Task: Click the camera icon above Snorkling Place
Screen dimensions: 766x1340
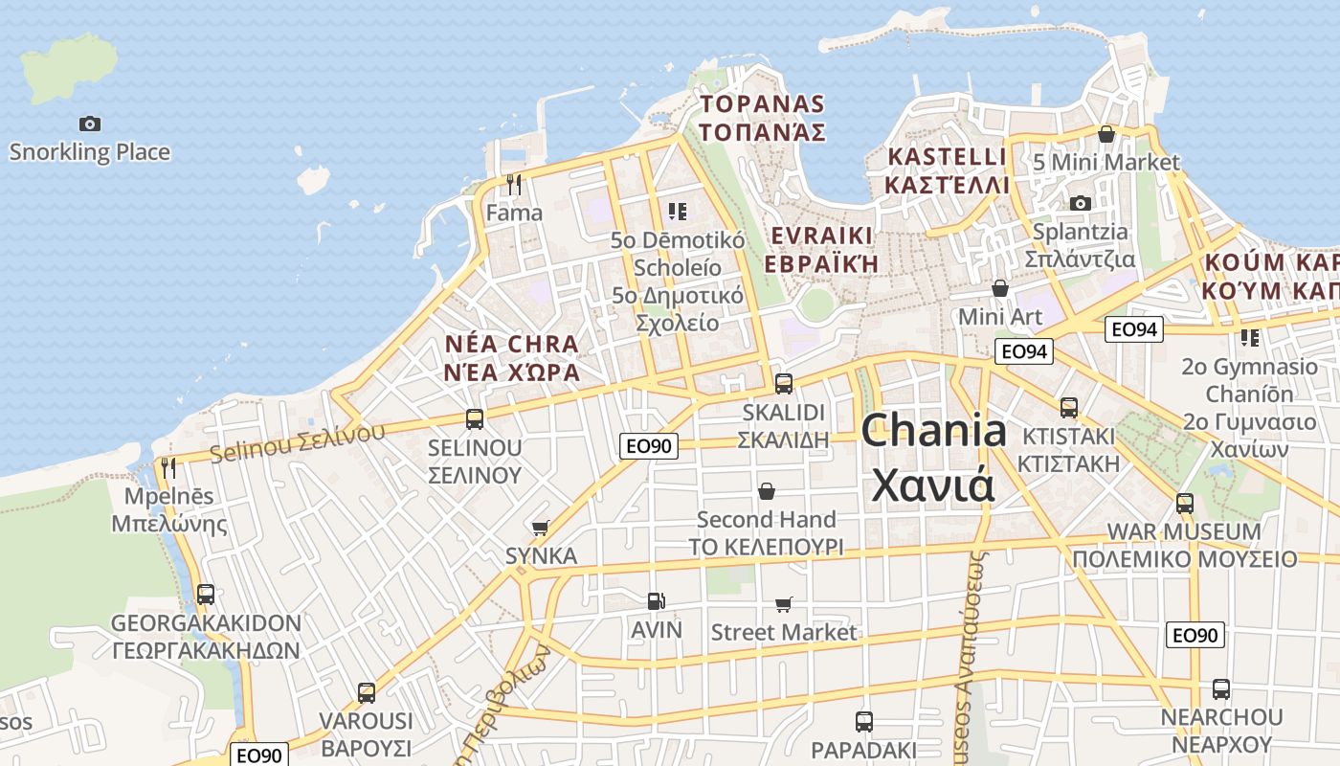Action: tap(90, 124)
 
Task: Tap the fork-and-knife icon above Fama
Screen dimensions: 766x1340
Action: tap(514, 184)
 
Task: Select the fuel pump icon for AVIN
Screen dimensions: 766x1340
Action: tap(656, 601)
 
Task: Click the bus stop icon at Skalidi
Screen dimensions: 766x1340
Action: tap(784, 384)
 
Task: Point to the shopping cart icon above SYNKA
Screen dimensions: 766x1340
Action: tap(541, 528)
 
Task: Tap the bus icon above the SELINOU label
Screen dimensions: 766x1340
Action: tap(475, 419)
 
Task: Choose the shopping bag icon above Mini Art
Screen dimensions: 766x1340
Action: tap(1000, 288)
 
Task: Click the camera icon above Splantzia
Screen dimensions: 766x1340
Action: tap(1081, 203)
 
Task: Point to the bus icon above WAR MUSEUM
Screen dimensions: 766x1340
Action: tap(1185, 504)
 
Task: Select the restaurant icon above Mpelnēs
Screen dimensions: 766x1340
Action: tap(168, 468)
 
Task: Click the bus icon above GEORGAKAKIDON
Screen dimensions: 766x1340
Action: tap(206, 595)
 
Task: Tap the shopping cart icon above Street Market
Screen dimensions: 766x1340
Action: tap(784, 604)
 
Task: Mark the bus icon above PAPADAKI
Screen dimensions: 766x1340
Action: tap(864, 721)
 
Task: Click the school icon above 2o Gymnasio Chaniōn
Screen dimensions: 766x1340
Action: tap(1250, 338)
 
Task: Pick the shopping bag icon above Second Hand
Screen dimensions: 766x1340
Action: tap(766, 491)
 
